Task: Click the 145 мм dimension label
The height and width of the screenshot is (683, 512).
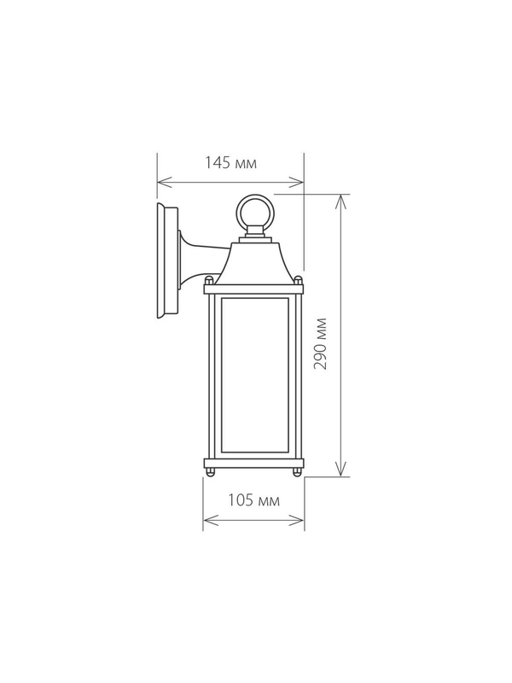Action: pyautogui.click(x=230, y=163)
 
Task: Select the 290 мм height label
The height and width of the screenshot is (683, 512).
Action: pyautogui.click(x=321, y=344)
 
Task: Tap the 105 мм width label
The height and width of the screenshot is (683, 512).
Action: pyautogui.click(x=253, y=500)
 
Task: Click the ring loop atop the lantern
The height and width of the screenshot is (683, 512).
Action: pyautogui.click(x=254, y=210)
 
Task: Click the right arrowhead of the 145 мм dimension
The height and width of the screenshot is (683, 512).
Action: pyautogui.click(x=296, y=182)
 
